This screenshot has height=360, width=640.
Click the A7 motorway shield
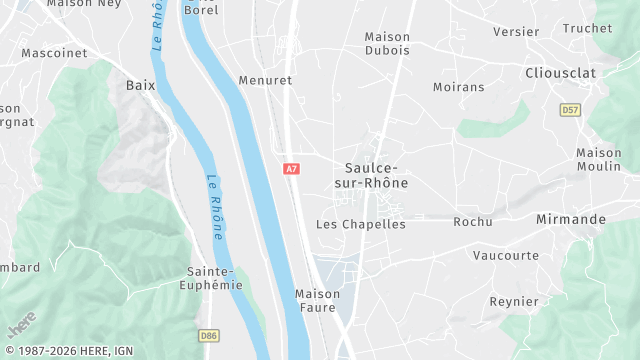(x=292, y=170)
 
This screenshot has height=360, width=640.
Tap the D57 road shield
(x=570, y=109)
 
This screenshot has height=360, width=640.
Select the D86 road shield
(x=209, y=336)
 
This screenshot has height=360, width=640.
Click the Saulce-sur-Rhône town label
(x=376, y=176)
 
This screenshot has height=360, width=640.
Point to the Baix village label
(x=141, y=86)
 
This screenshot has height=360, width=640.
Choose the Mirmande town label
(x=571, y=219)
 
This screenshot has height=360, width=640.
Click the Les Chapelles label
(x=361, y=224)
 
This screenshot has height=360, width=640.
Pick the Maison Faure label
(x=318, y=301)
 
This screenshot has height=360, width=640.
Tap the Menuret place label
(x=265, y=80)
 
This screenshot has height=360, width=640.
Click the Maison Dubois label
(x=387, y=44)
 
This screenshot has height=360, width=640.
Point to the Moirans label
(x=458, y=87)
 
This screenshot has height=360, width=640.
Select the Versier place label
(x=516, y=32)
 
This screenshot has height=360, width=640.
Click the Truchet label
(x=587, y=29)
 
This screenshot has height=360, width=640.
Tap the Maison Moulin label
(x=599, y=160)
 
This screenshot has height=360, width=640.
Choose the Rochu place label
(x=473, y=222)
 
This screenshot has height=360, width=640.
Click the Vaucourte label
(x=506, y=256)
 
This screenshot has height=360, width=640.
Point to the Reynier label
(x=514, y=302)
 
